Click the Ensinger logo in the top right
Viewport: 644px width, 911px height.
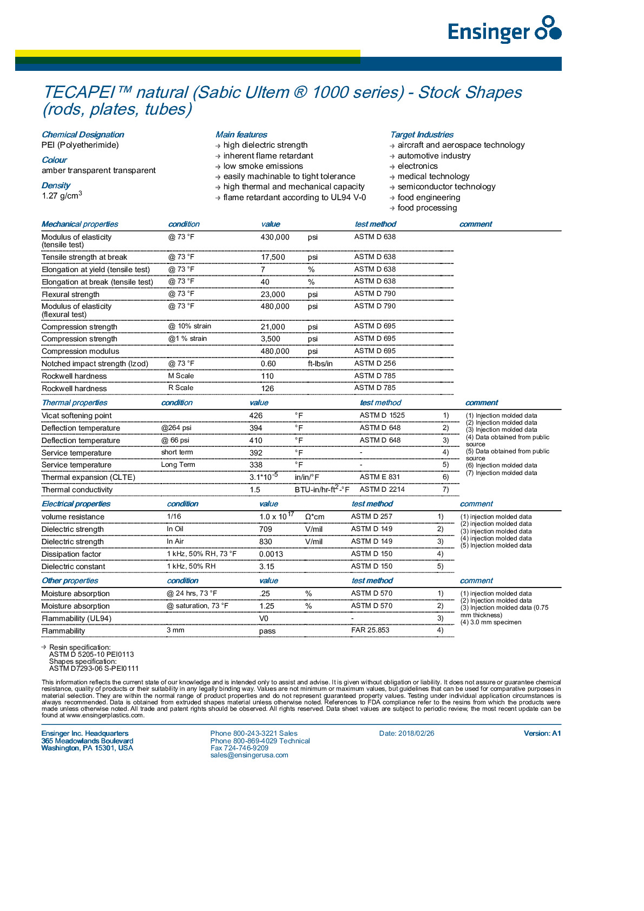click(x=504, y=30)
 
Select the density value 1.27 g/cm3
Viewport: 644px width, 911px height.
click(x=62, y=195)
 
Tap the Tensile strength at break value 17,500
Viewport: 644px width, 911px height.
click(x=273, y=258)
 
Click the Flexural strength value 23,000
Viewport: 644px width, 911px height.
click(x=273, y=295)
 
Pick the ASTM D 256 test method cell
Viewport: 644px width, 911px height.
click(x=375, y=364)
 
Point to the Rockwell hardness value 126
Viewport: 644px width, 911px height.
click(x=267, y=388)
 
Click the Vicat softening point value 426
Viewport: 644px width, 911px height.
click(x=256, y=416)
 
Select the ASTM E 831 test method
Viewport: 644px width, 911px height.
click(x=380, y=477)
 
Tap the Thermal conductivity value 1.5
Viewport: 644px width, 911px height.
click(x=255, y=490)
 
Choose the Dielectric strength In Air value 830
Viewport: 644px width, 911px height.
click(x=266, y=542)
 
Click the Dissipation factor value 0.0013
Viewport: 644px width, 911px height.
click(x=271, y=554)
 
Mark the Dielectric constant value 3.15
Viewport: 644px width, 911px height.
click(x=267, y=567)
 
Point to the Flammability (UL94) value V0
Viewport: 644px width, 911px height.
click(x=264, y=619)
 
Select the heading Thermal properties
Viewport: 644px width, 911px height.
click(x=75, y=403)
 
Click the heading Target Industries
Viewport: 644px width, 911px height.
click(x=422, y=135)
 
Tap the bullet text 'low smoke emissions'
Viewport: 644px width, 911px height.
click(x=263, y=166)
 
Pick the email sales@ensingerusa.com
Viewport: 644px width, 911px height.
click(x=249, y=755)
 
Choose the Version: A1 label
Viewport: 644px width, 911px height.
click(x=542, y=734)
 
